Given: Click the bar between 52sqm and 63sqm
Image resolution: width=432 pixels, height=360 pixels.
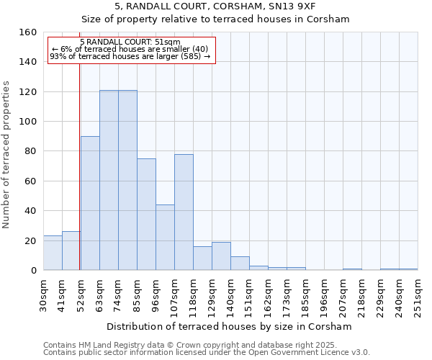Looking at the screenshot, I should coord(90,203).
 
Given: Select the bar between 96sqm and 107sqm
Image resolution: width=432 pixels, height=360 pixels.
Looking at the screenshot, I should coord(165,238).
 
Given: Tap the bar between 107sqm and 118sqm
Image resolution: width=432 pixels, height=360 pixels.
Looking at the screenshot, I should coord(184,212).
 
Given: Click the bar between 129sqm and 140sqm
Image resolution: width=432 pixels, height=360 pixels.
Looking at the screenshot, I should coord(221,256).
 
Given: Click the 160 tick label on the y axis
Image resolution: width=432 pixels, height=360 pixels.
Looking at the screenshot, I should coord(28,32).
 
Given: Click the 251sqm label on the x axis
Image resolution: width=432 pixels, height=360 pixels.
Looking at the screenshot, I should coord(418,295).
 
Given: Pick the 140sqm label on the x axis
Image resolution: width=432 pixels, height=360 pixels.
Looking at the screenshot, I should coord(230,295).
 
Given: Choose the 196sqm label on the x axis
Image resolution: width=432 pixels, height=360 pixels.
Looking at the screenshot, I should coord(324,295).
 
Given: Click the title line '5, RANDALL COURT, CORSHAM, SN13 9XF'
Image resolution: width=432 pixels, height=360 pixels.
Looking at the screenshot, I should coord(215,6).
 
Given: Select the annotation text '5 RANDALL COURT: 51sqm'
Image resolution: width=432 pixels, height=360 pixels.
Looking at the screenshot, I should coord(130,42).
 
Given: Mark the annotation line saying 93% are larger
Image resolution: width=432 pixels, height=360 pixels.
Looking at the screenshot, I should coord(130,56).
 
